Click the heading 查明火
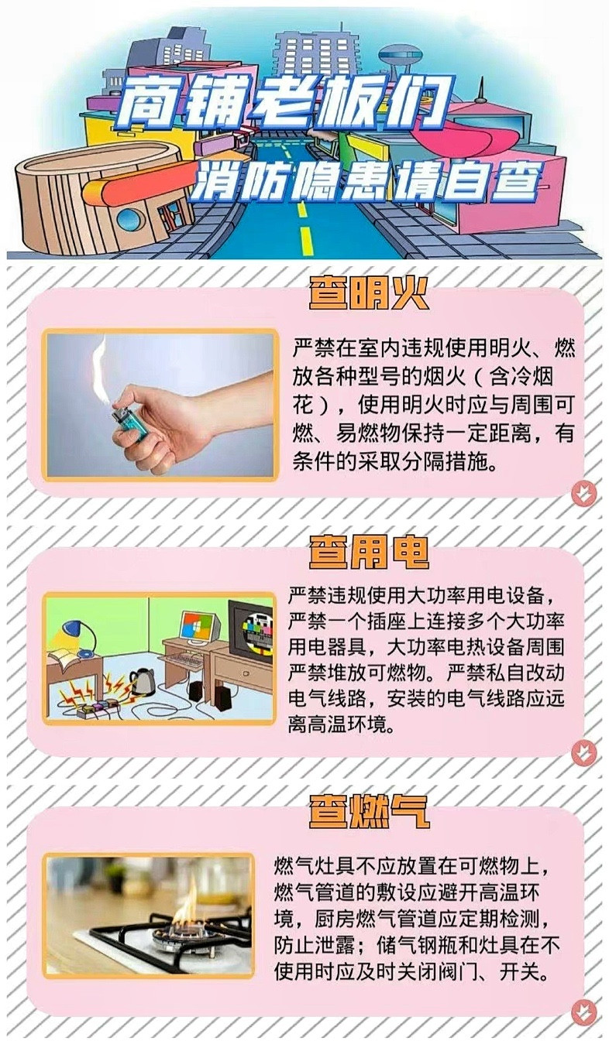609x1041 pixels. (x=368, y=293)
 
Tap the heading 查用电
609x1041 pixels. (x=368, y=553)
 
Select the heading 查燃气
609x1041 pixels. (x=368, y=813)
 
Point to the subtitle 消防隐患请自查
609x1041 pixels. (x=364, y=182)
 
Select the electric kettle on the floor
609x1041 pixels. (x=142, y=682)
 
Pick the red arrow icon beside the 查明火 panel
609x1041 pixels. (x=583, y=493)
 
